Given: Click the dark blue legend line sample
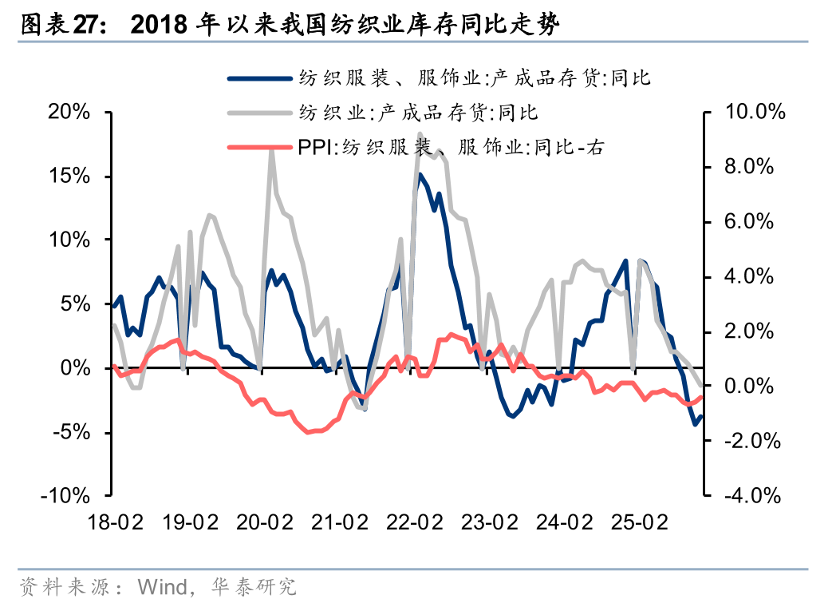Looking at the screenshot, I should pos(259,78).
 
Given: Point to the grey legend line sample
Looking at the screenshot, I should pos(259,113).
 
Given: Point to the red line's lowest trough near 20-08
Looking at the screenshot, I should pos(308,432).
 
